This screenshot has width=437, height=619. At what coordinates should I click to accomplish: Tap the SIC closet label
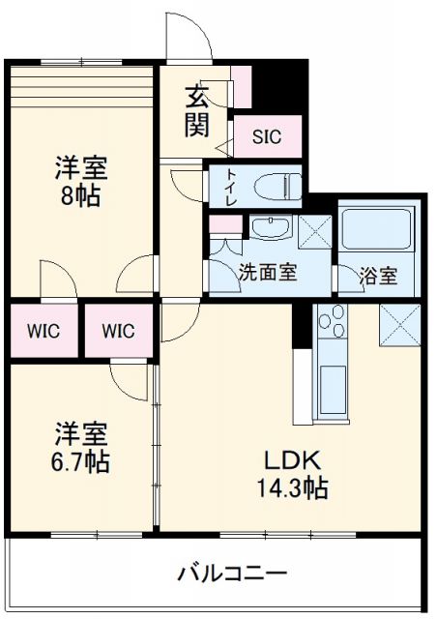267,137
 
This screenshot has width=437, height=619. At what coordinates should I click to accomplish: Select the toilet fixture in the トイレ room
275,185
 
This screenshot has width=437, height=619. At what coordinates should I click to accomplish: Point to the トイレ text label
230,185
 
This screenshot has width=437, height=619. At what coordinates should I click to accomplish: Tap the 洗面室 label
268,274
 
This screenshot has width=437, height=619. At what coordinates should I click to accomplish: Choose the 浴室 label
378,276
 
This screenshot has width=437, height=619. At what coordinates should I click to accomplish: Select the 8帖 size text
80,196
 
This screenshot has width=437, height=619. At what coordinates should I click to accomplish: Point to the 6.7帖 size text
80,462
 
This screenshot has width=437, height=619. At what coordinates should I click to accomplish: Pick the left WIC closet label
43,332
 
